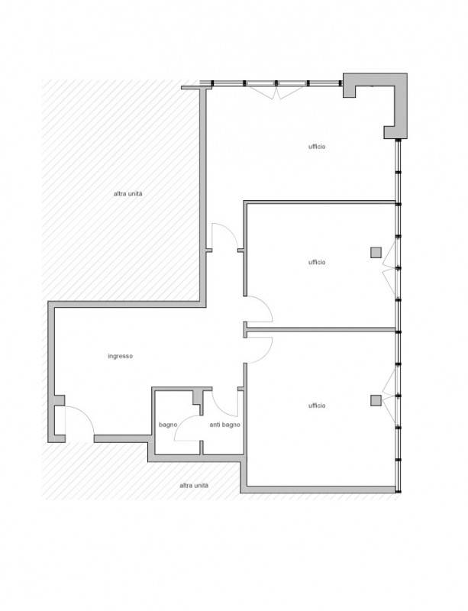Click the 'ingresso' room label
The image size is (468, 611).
[x=121, y=356]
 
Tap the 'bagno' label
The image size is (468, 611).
[x=168, y=425]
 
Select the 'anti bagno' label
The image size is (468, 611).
[x=225, y=425]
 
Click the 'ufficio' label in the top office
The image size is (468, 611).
[x=317, y=147]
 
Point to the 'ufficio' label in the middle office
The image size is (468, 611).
[x=317, y=262]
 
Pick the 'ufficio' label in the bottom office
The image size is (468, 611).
[x=317, y=406]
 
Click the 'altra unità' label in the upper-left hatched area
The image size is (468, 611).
[x=127, y=194]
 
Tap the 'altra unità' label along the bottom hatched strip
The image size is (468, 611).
[x=194, y=486]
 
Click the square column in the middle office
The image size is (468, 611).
[x=376, y=253]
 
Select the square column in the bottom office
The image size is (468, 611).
[x=376, y=400]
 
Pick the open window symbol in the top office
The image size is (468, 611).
[x=276, y=92]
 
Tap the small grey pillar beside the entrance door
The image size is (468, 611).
[x=60, y=400]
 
